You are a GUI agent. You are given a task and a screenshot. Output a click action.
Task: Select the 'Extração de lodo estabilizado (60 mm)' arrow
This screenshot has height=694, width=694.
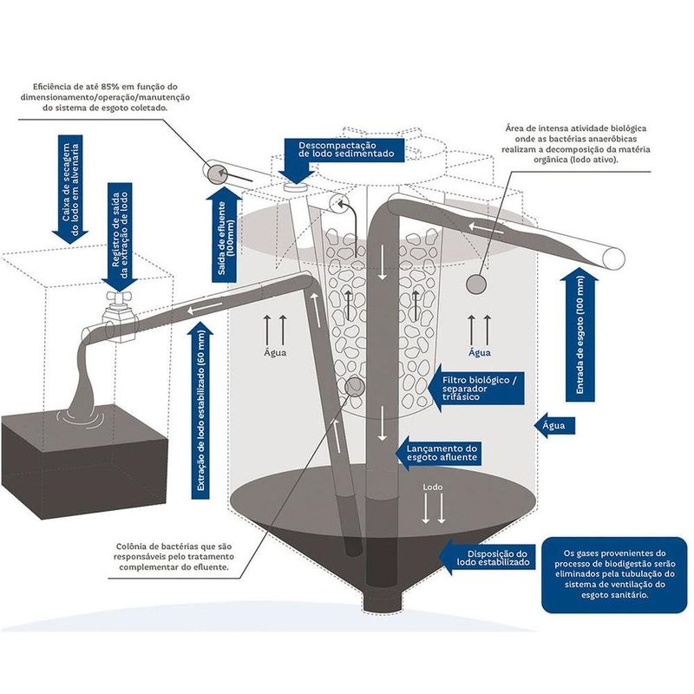tap(202, 412)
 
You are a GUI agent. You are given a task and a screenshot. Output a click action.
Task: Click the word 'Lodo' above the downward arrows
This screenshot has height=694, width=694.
tap(432, 488)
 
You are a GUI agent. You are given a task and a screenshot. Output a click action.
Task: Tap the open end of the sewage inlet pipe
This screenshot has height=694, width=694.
tap(614, 258)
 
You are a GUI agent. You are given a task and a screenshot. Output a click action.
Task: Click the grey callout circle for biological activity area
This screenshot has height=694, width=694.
tap(475, 284)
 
